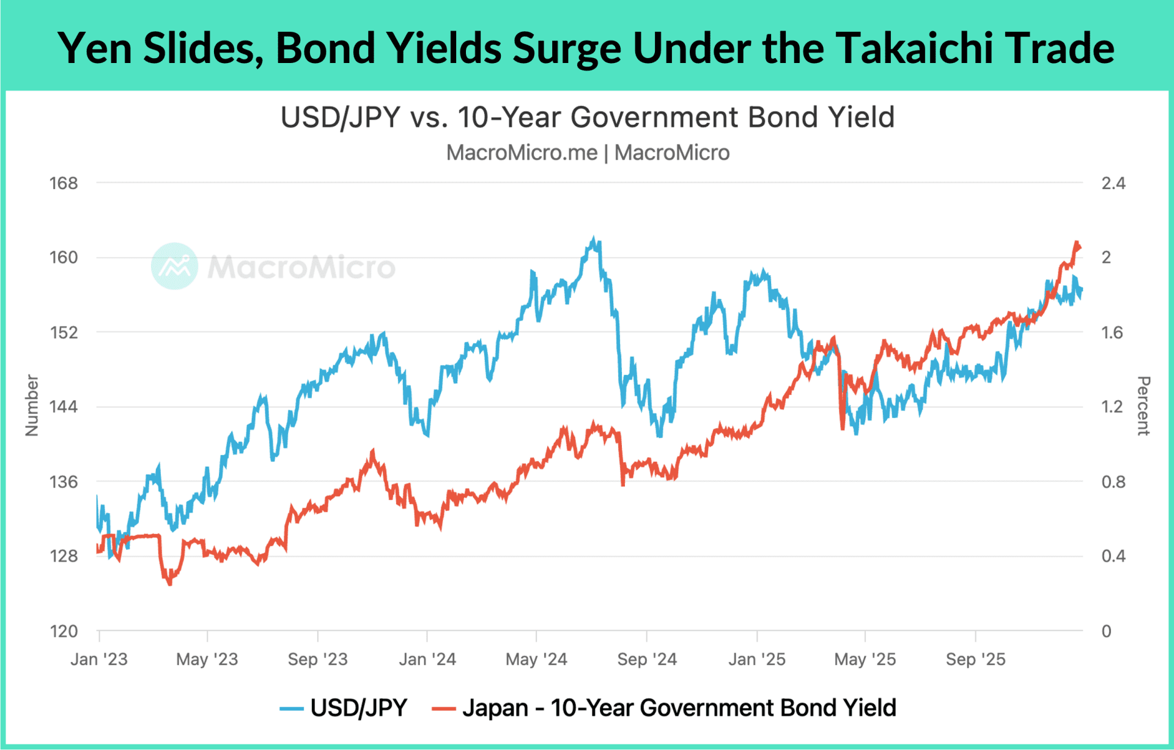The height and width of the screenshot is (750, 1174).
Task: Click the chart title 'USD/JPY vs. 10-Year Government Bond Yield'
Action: [587, 117]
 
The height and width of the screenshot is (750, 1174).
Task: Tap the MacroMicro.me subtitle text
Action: [522, 153]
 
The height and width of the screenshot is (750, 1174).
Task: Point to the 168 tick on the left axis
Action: [64, 184]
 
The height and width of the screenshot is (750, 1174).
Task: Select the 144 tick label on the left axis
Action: [64, 407]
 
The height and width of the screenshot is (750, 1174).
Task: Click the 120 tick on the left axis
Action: [64, 631]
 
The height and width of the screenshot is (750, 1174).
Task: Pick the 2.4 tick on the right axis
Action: [1113, 184]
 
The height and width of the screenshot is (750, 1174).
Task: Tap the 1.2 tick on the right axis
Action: [1112, 407]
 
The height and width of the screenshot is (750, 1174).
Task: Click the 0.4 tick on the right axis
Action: [1113, 556]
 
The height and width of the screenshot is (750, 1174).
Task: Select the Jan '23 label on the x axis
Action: [99, 659]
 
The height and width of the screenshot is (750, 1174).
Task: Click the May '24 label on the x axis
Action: [536, 659]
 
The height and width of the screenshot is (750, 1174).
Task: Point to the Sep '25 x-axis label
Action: [975, 659]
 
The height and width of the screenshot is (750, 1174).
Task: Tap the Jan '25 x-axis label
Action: [756, 659]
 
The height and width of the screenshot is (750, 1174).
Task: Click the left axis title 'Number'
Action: [32, 406]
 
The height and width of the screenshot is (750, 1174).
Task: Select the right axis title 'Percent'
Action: [1143, 406]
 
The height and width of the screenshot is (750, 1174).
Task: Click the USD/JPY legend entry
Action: [344, 708]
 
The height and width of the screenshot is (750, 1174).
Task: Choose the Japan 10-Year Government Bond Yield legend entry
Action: [664, 708]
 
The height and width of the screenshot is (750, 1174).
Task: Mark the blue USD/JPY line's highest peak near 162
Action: [593, 239]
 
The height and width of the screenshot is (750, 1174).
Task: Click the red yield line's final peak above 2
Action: [1077, 243]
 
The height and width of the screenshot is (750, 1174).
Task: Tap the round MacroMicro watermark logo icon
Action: [174, 266]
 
